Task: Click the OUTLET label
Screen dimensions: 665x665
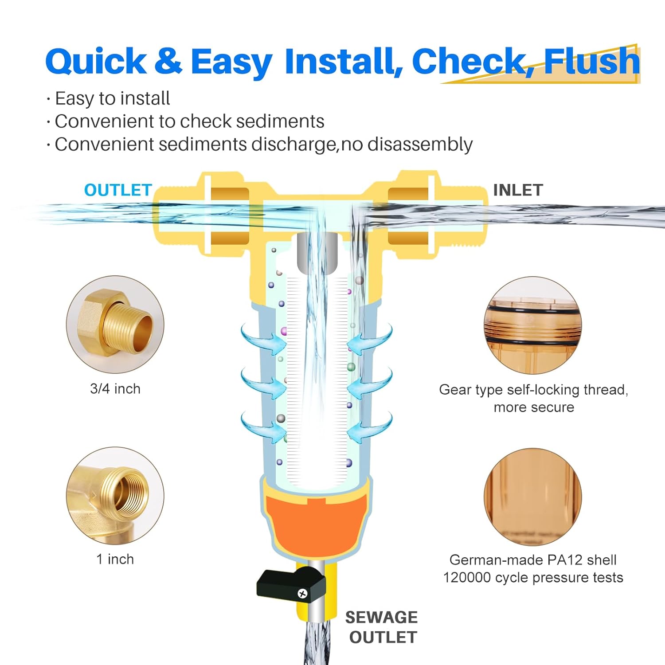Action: pyautogui.click(x=118, y=190)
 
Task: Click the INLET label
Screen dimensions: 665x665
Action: pyautogui.click(x=518, y=190)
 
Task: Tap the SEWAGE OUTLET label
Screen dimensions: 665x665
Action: pyautogui.click(x=382, y=627)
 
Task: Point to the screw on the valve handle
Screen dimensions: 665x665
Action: pyautogui.click(x=303, y=593)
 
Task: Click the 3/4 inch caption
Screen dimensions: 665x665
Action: pyautogui.click(x=115, y=389)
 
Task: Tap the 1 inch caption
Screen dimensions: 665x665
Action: pyautogui.click(x=115, y=559)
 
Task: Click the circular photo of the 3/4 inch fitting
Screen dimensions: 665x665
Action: pyautogui.click(x=115, y=325)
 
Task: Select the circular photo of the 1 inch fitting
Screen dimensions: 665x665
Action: pyautogui.click(x=115, y=496)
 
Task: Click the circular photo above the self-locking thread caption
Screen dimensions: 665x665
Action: pyautogui.click(x=533, y=325)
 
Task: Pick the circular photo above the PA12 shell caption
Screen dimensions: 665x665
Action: pyautogui.click(x=533, y=497)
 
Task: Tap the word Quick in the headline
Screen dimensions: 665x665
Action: pyautogui.click(x=96, y=62)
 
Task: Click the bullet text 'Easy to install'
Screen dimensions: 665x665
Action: pyautogui.click(x=112, y=98)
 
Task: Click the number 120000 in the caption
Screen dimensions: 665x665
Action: pyautogui.click(x=467, y=578)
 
